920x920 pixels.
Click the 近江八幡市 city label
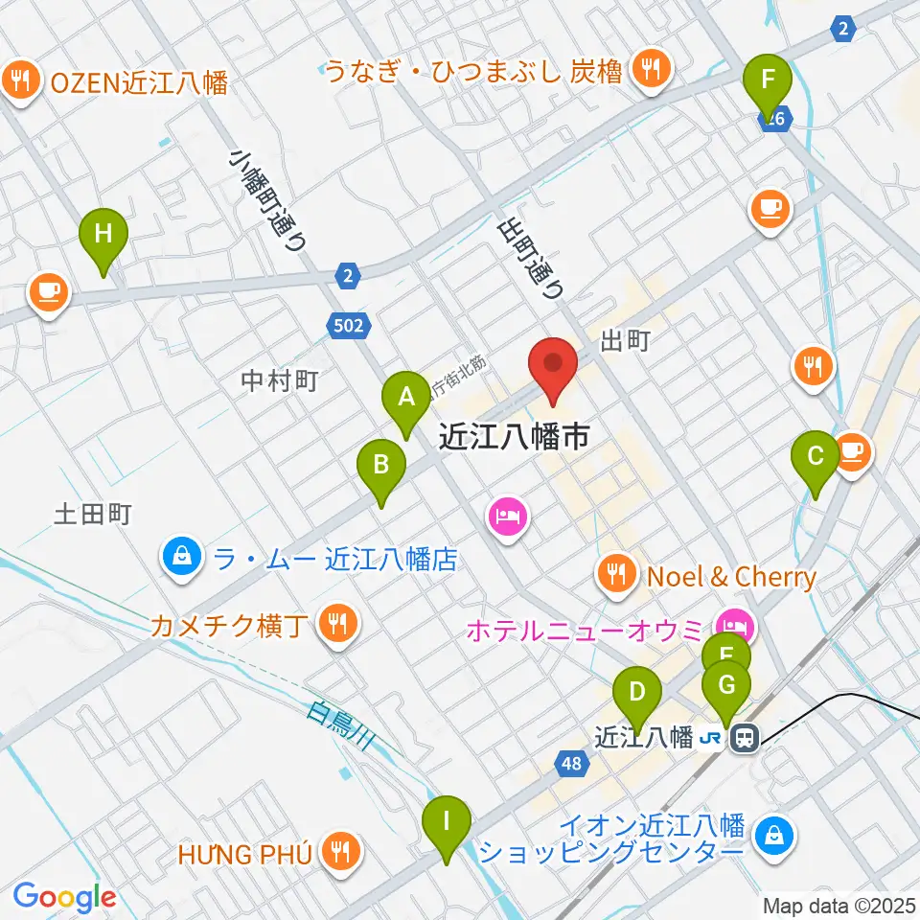(514, 437)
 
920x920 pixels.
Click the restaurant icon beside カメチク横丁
(336, 624)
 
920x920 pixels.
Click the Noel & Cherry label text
(731, 577)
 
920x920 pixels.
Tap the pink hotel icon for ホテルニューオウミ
(739, 629)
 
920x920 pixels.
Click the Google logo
(64, 897)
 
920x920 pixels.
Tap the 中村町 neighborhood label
(280, 381)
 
